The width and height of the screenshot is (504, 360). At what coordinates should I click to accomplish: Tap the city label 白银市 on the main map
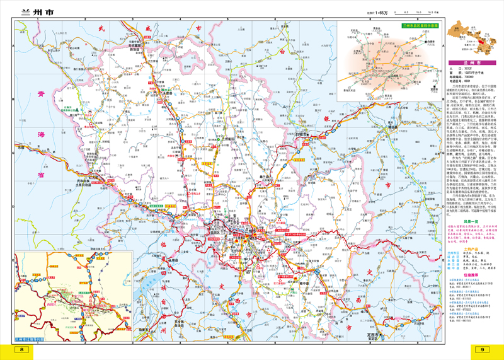(303, 134)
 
